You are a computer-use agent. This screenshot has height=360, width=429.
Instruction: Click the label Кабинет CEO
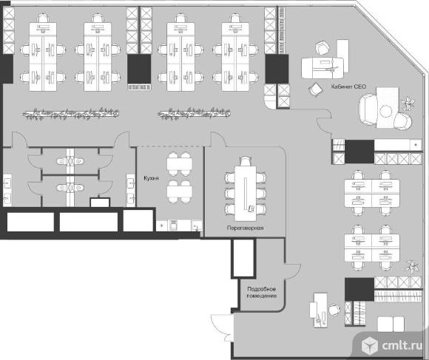(348, 86)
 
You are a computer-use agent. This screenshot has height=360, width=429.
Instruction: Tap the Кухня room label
(152, 178)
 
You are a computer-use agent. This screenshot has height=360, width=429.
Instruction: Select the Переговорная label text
(245, 228)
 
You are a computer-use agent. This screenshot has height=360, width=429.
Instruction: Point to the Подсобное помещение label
(262, 292)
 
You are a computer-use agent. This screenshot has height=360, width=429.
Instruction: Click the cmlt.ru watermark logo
(392, 345)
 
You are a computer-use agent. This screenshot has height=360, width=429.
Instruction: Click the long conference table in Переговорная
(246, 193)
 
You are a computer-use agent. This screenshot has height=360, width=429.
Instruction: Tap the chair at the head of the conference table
(246, 160)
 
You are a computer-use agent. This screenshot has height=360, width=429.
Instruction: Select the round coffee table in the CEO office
(386, 111)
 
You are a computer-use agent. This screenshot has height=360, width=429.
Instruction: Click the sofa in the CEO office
(368, 109)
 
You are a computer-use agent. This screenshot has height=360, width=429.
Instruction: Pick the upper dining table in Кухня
(180, 164)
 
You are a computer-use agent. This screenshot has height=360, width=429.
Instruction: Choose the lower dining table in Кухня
(180, 192)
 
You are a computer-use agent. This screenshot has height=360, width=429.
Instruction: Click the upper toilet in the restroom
(70, 161)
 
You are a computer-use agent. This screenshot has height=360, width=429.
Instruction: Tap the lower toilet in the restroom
(70, 188)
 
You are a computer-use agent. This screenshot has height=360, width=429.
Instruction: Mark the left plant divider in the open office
(70, 113)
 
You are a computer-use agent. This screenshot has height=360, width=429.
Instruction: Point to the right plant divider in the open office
(194, 113)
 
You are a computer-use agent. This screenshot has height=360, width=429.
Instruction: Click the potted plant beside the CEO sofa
(408, 103)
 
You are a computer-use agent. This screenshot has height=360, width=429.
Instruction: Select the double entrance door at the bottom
(222, 327)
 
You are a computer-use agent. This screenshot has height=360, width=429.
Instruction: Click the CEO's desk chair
(322, 47)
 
